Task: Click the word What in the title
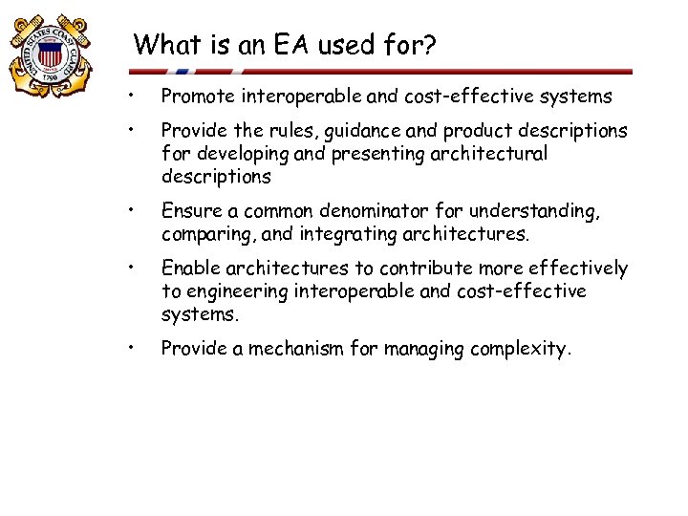[168, 44]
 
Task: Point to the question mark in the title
[429, 44]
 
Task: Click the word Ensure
[190, 211]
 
